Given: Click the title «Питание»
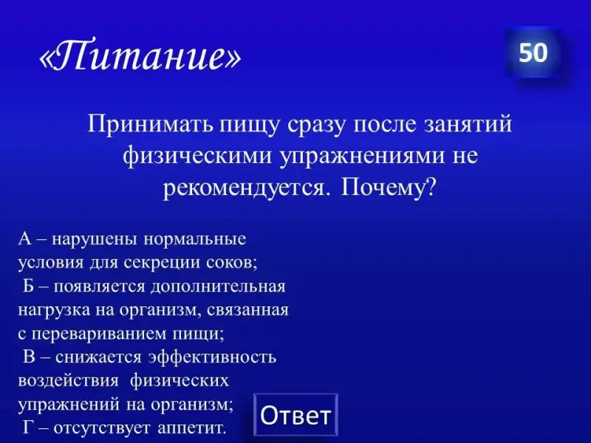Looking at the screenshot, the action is [x=140, y=55].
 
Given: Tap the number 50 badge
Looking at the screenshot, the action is [x=533, y=52].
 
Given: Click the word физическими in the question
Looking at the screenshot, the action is [x=197, y=156].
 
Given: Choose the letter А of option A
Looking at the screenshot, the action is [x=25, y=238].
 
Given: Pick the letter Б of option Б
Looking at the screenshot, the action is [x=29, y=286].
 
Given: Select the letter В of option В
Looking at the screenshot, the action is [x=29, y=357].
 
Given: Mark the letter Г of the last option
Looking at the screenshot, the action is [x=28, y=427].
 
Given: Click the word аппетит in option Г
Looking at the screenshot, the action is [x=192, y=428].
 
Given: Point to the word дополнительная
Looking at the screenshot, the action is [x=218, y=287].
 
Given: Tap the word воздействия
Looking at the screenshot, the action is [x=68, y=381].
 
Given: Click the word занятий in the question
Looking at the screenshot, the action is [x=468, y=123].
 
